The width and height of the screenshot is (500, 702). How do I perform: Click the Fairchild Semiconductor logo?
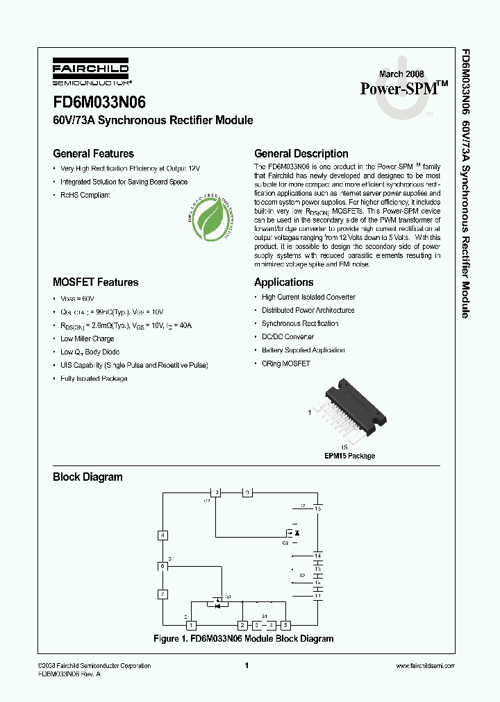pyautogui.click(x=90, y=73)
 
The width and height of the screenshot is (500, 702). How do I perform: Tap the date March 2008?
pyautogui.click(x=401, y=74)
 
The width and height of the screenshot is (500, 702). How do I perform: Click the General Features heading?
pyautogui.click(x=93, y=154)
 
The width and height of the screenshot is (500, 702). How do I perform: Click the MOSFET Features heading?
pyautogui.click(x=95, y=282)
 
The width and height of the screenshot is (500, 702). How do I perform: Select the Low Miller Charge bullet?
pyautogui.click(x=87, y=339)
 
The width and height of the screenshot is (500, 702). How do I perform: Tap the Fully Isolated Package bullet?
pyautogui.click(x=94, y=379)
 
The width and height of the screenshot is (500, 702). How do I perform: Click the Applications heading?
pyautogui.click(x=283, y=282)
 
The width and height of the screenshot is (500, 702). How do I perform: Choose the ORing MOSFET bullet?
pyautogui.click(x=285, y=363)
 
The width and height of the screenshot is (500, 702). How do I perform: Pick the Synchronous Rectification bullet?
pyautogui.click(x=300, y=323)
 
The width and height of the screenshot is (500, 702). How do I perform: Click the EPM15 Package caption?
pyautogui.click(x=349, y=456)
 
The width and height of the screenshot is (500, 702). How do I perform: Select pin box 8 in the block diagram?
pyautogui.click(x=162, y=535)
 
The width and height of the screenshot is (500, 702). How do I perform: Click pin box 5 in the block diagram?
pyautogui.click(x=285, y=625)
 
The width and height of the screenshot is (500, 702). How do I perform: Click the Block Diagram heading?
pyautogui.click(x=87, y=477)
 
